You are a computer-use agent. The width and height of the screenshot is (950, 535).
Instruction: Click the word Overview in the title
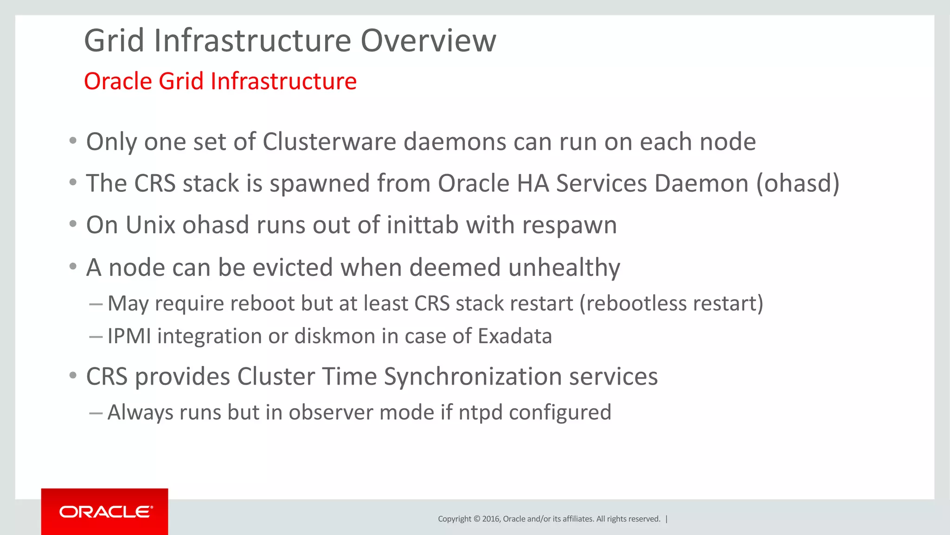(x=428, y=41)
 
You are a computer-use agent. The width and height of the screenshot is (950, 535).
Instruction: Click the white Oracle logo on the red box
(x=106, y=512)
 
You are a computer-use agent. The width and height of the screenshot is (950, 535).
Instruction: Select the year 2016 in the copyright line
(x=491, y=519)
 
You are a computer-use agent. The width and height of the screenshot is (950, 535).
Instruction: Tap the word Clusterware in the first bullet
(x=329, y=142)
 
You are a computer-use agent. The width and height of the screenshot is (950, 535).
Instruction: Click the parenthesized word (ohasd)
(x=798, y=183)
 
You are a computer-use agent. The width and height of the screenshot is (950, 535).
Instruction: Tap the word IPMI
(x=129, y=336)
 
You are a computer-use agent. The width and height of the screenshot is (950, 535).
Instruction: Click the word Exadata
(x=515, y=336)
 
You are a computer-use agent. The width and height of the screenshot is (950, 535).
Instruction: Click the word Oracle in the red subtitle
(x=118, y=81)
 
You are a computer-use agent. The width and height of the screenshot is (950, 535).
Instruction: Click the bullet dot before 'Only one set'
(x=73, y=141)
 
